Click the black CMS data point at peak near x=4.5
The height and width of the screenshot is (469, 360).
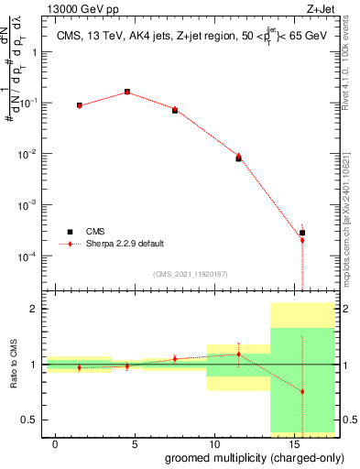127,92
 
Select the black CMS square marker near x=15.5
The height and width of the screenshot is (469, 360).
302,233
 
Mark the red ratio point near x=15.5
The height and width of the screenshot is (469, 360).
302,391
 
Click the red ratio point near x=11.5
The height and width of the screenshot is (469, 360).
238,354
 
